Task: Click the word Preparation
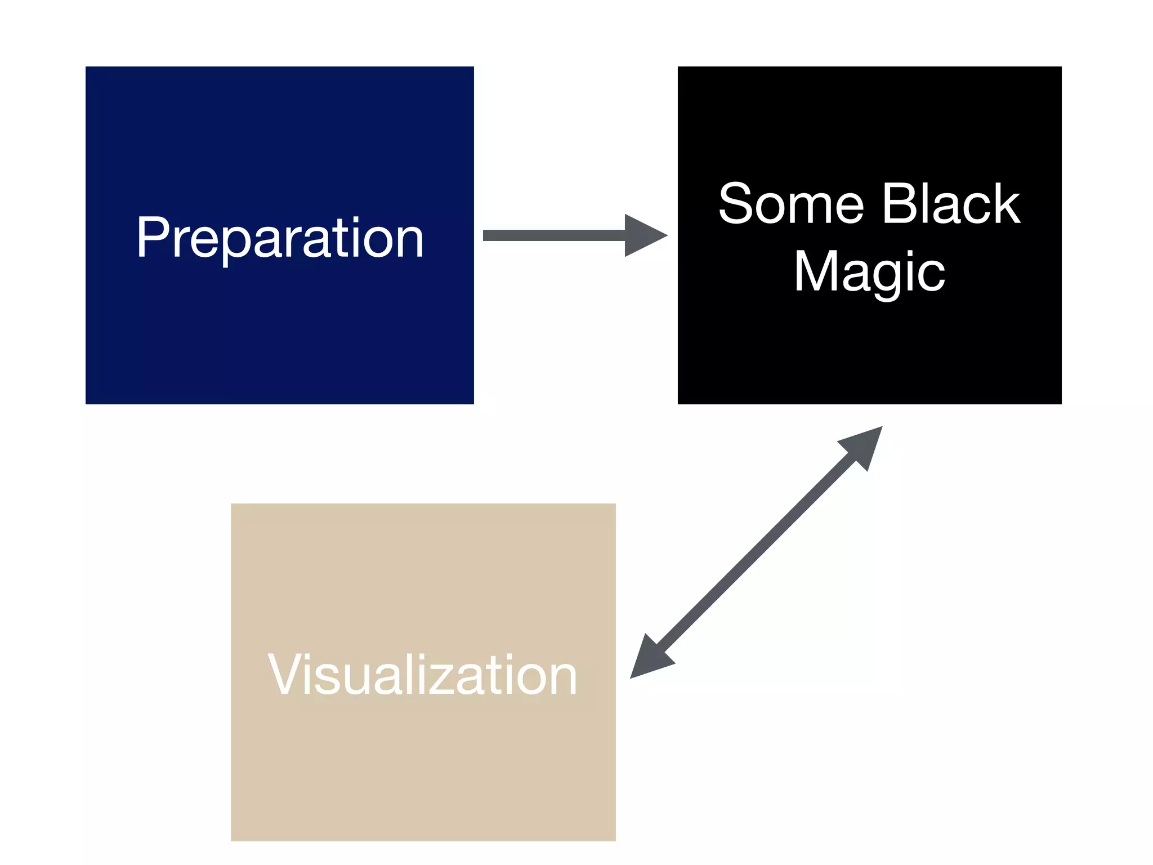(280, 238)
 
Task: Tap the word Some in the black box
(791, 204)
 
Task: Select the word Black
(951, 204)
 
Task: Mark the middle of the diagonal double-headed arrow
(756, 552)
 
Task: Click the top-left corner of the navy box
(86, 67)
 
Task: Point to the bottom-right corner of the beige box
(615, 840)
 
